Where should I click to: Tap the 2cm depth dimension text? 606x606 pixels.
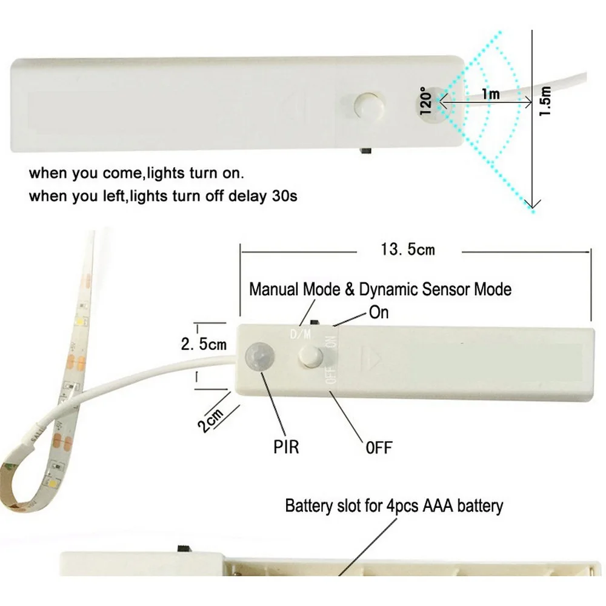(210, 419)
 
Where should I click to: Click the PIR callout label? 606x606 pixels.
(286, 447)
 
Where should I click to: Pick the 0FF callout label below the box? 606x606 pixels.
(379, 448)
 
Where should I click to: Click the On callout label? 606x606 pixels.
(379, 313)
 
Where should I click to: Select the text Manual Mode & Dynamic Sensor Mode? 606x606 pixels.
(380, 289)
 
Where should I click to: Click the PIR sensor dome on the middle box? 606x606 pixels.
(258, 357)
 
